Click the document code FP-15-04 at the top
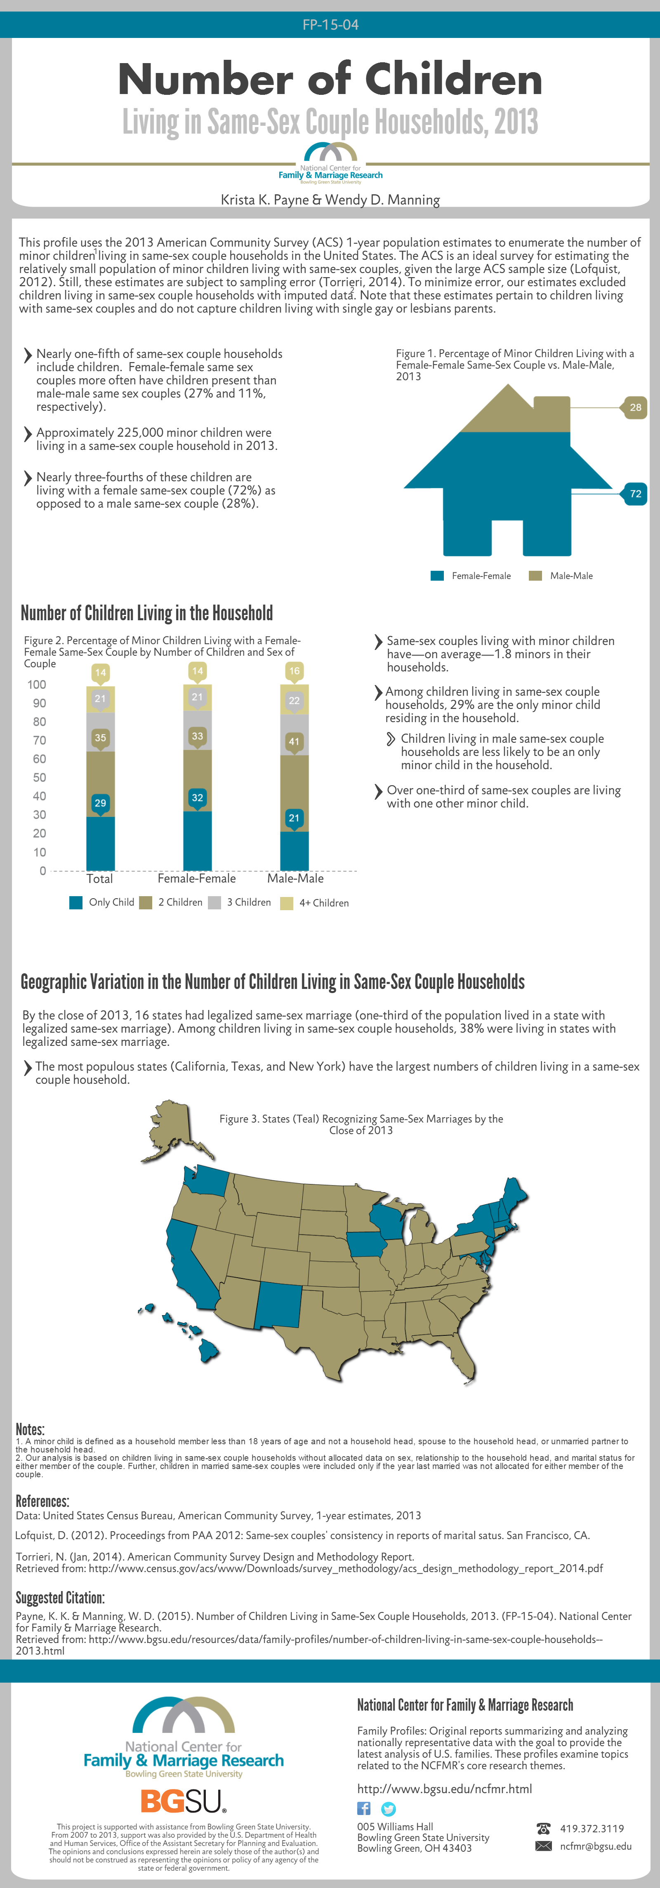(330, 25)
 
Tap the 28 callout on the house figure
(635, 407)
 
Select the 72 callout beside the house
(635, 494)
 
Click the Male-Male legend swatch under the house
(535, 576)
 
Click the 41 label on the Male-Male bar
(294, 742)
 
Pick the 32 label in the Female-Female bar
(197, 798)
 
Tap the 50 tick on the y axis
(39, 778)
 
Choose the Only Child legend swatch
(75, 902)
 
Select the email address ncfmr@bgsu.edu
(596, 1846)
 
